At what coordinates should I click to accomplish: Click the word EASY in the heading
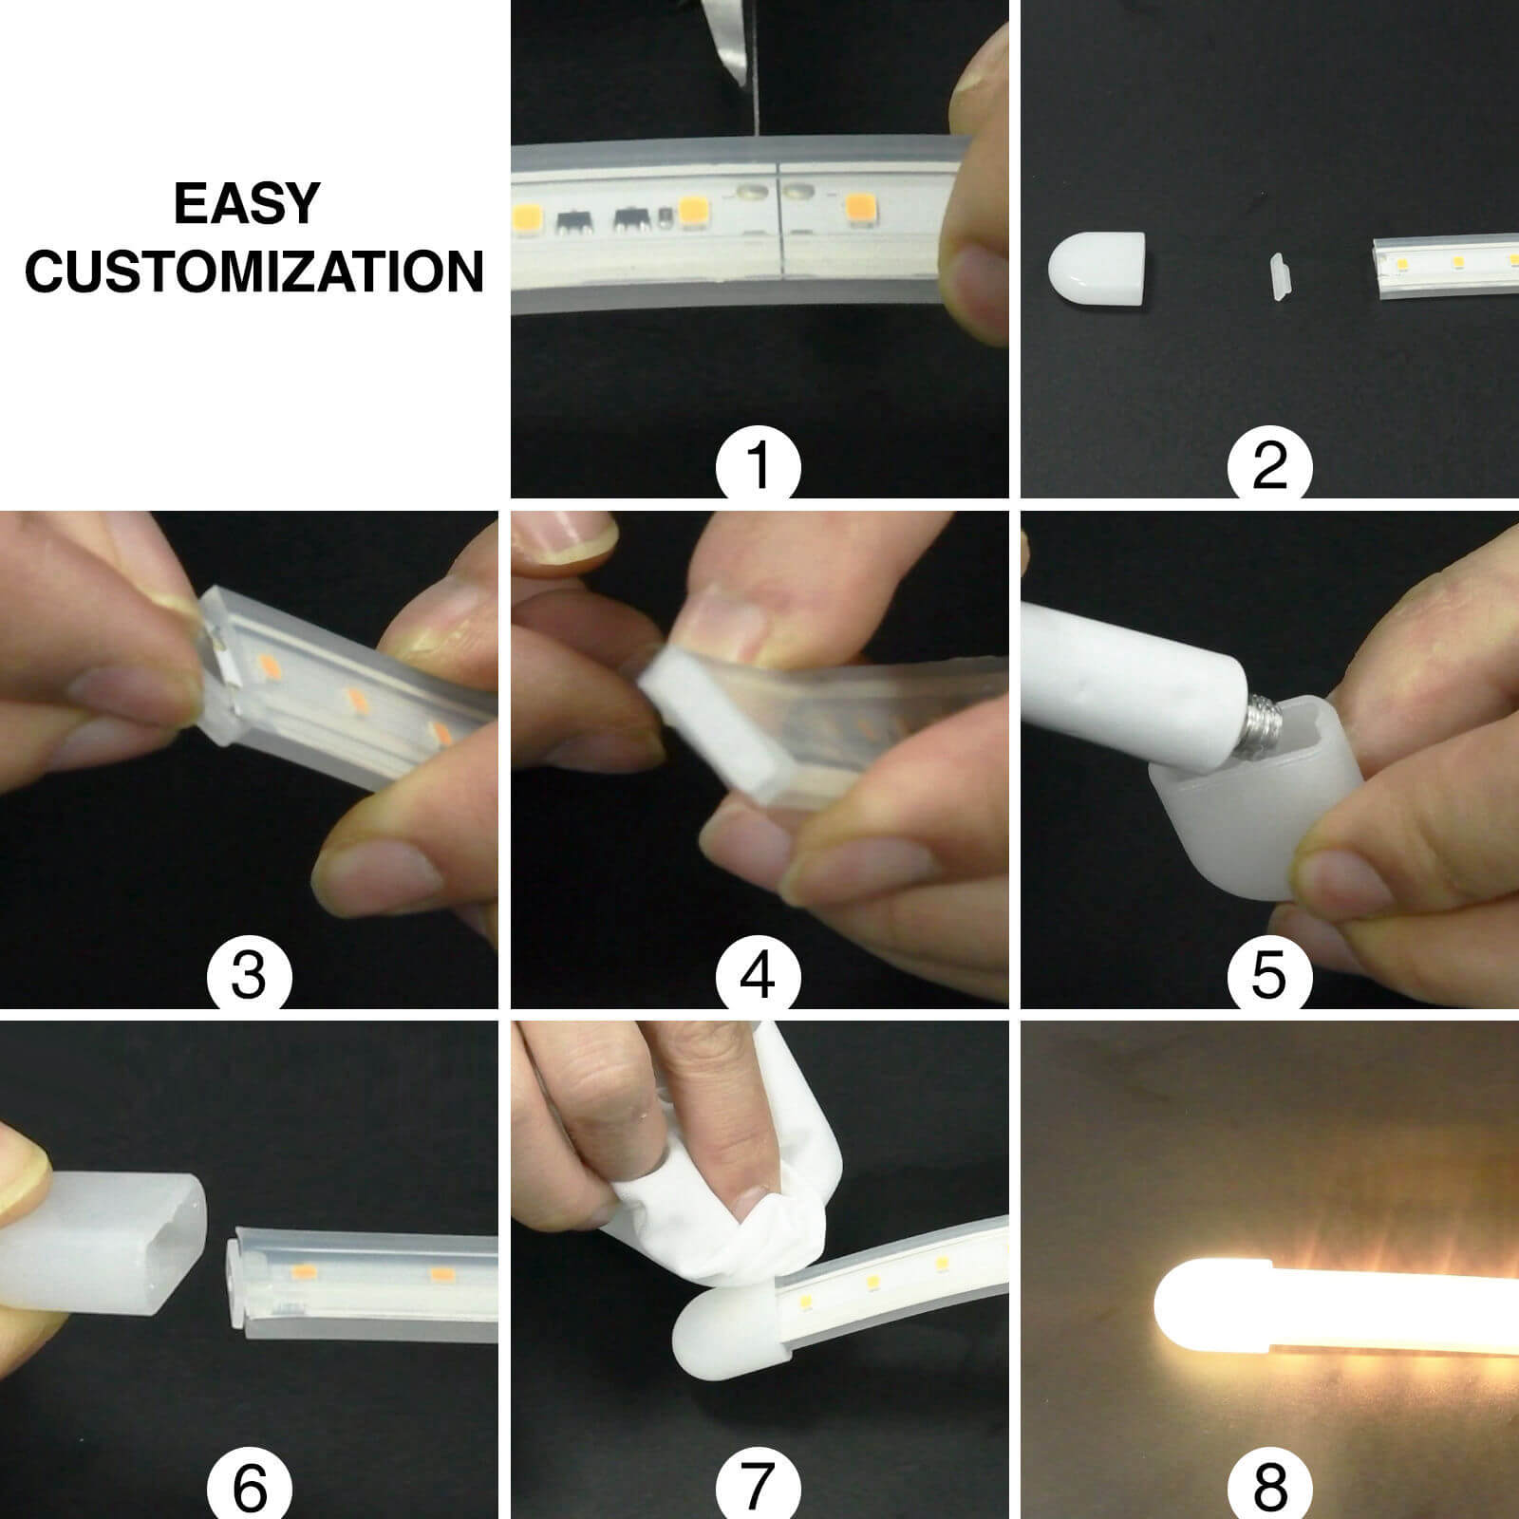click(247, 204)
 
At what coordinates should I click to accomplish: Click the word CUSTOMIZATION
click(253, 272)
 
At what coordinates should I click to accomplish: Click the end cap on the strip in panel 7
click(726, 1318)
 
